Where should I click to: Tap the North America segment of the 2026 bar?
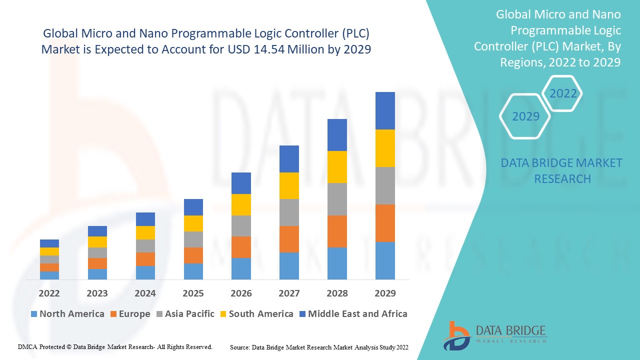tap(241, 268)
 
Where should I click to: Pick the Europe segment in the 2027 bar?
tap(289, 239)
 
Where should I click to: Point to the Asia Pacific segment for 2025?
tap(193, 239)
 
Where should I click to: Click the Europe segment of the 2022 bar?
tap(49, 267)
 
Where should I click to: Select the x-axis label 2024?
tap(145, 293)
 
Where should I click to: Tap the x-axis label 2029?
tap(385, 293)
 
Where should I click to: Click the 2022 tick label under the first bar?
tap(49, 293)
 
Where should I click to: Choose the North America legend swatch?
tap(34, 314)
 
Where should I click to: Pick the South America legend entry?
tap(256, 314)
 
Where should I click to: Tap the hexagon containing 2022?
tap(563, 93)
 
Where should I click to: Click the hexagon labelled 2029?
tap(525, 116)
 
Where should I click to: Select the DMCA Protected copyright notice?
tap(115, 346)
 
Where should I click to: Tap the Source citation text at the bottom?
tap(319, 347)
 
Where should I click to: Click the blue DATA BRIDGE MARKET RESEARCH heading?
tap(562, 170)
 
